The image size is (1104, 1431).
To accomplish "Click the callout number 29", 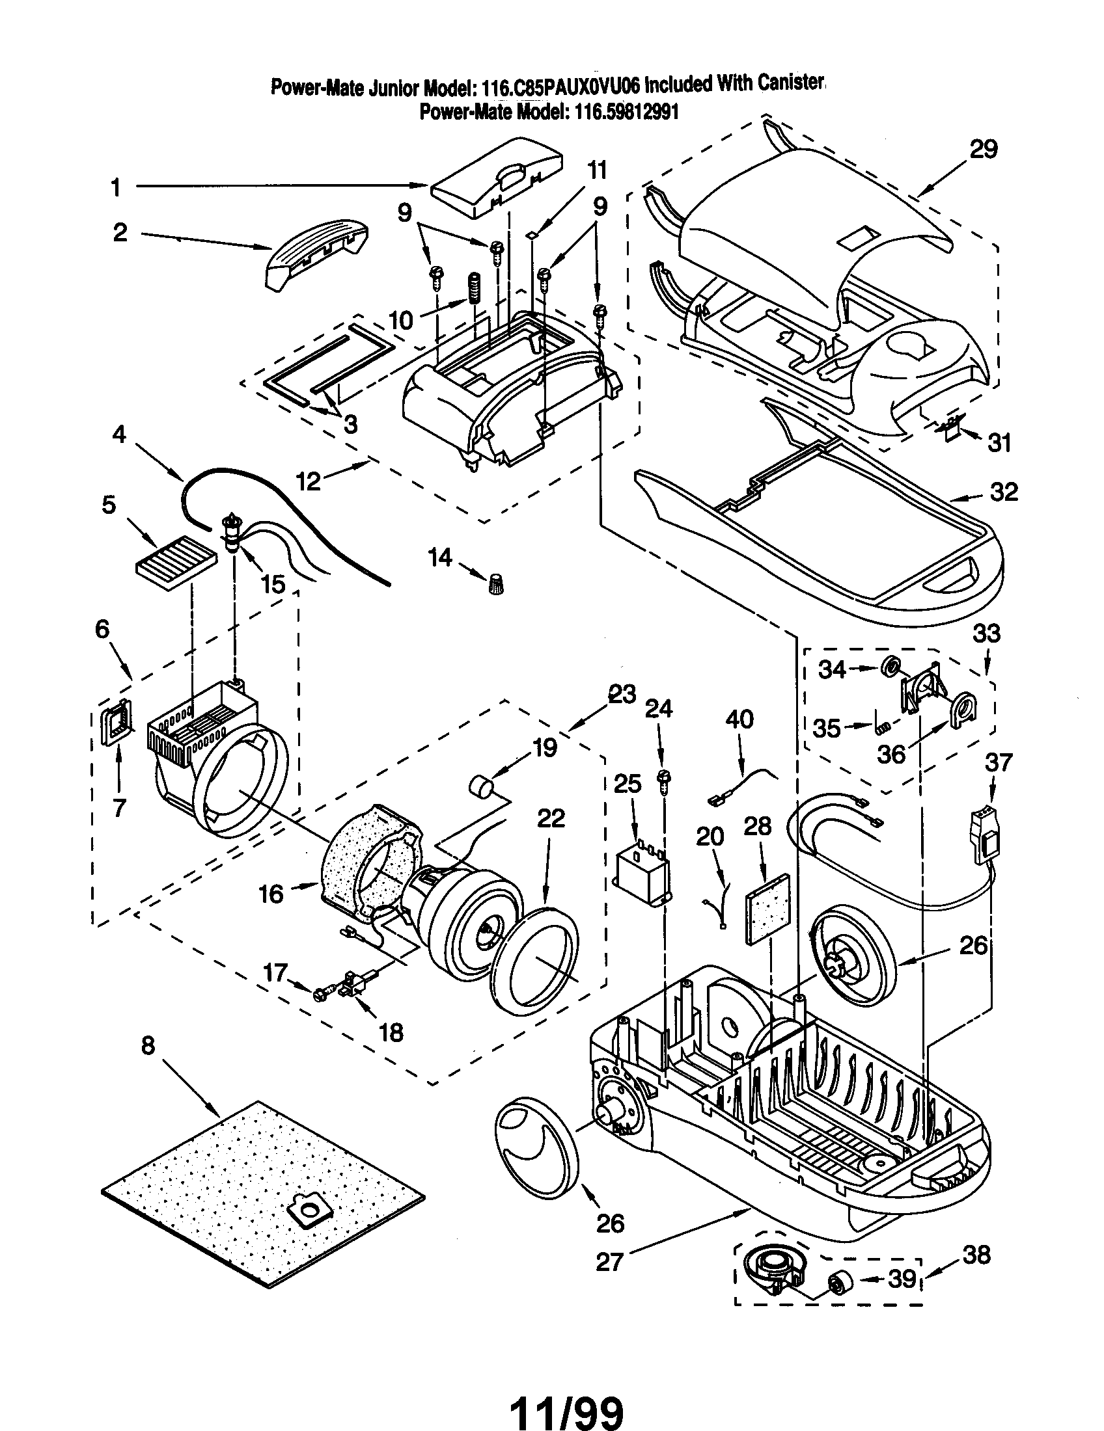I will tap(984, 150).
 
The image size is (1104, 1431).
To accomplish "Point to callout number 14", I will tap(440, 557).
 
